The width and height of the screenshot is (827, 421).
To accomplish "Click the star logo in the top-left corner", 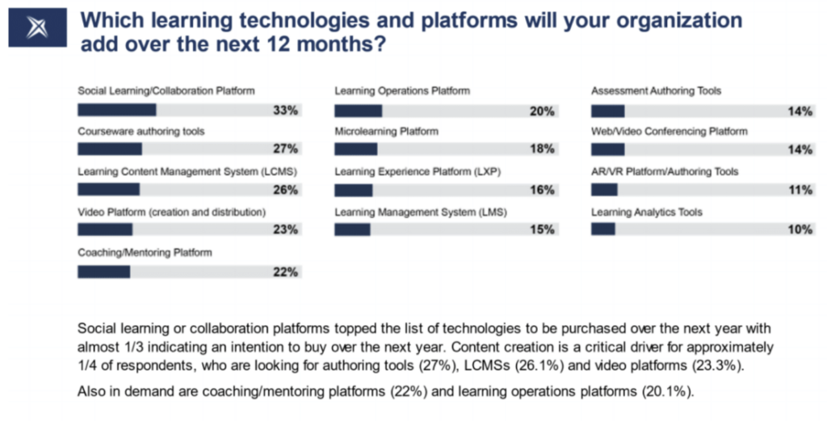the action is coord(37,27).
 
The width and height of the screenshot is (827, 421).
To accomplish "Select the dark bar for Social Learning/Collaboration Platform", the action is coord(117,110).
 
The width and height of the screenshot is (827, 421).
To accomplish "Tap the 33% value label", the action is coord(285,110).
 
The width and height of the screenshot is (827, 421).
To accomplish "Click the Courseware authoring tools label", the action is coord(141,132).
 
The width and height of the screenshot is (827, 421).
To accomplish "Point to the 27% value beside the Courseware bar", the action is coord(285,149).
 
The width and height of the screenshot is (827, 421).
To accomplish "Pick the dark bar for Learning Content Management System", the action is coord(109,189).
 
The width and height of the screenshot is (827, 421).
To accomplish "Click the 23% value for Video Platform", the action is coord(285,229).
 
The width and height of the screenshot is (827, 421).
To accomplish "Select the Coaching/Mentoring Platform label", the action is coord(145,253).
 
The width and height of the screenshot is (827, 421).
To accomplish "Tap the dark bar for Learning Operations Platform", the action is coord(358,111).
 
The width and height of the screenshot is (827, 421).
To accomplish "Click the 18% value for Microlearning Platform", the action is coord(542,149).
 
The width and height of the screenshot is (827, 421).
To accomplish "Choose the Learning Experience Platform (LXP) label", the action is coord(418,171).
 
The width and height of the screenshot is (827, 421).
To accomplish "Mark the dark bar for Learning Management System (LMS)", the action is coord(352,229).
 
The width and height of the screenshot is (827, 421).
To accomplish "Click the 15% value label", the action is coord(542,229).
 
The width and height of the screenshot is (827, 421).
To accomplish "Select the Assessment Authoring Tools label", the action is coord(656,91).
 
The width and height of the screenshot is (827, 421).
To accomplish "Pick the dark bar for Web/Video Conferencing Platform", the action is coord(607,149).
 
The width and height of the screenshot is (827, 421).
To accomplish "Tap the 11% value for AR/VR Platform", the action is coord(800,190).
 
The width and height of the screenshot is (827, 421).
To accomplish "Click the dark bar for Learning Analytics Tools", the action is coord(602,229).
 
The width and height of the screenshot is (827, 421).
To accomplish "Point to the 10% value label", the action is coord(800,229).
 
